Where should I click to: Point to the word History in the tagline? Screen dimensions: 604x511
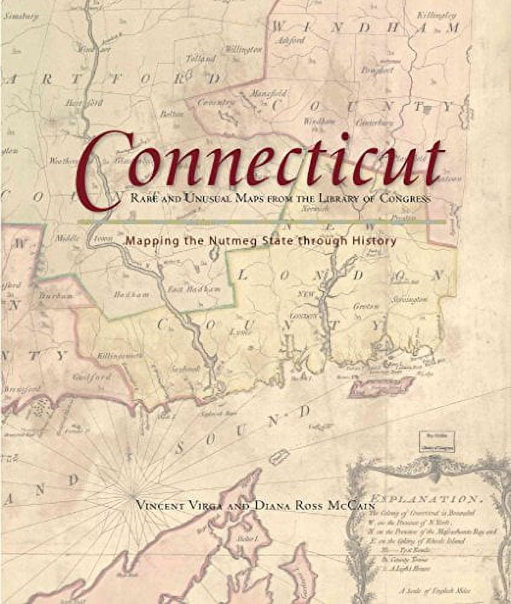375,241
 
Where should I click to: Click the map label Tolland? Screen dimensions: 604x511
201,59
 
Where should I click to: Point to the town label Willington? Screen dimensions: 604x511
242,48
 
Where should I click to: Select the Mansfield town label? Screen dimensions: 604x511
269,94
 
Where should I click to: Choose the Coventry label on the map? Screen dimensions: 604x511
219,103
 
